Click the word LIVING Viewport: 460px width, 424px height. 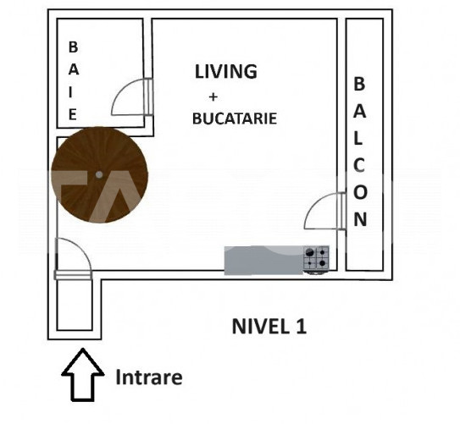(x=226, y=71)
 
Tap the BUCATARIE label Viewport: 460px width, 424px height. (x=235, y=118)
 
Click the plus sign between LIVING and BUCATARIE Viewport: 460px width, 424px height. (x=213, y=96)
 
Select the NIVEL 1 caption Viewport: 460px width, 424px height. (x=269, y=326)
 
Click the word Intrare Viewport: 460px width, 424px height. (x=149, y=377)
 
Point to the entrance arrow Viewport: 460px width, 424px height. (x=83, y=374)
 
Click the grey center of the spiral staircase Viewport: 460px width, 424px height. (x=99, y=175)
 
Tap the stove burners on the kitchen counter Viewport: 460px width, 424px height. (x=316, y=258)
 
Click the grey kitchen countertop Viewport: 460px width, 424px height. (x=263, y=260)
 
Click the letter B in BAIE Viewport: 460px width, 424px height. (x=73, y=47)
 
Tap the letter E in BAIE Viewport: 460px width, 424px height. (x=73, y=114)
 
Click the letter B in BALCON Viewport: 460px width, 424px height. (x=359, y=84)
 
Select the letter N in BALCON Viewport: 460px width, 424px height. (x=360, y=219)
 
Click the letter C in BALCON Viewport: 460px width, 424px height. (x=359, y=165)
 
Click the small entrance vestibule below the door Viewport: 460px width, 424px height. (x=75, y=305)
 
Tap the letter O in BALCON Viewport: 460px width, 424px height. (x=360, y=192)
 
